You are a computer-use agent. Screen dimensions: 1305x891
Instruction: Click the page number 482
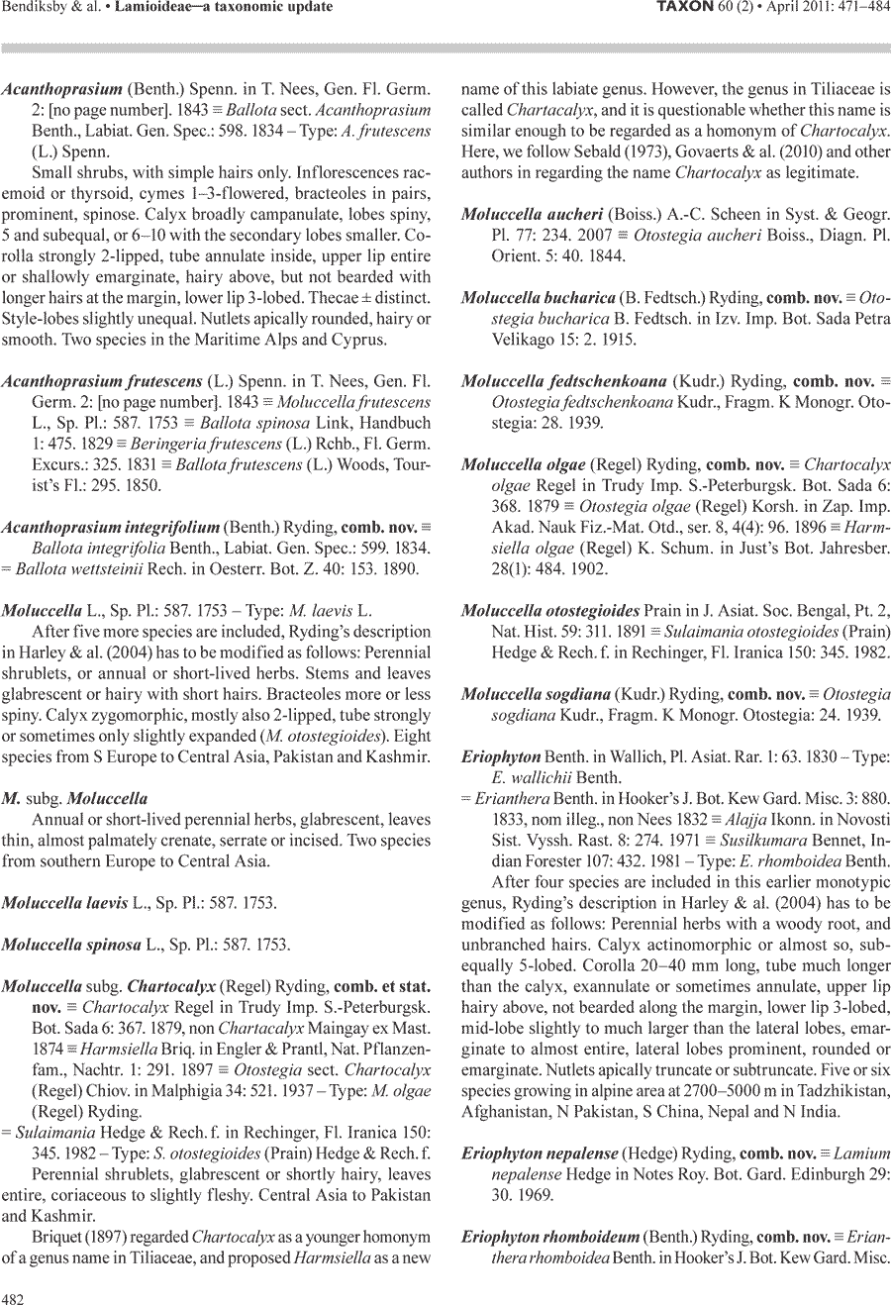[x=14, y=1298]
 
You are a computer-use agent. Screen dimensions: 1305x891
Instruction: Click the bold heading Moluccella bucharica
[x=539, y=297]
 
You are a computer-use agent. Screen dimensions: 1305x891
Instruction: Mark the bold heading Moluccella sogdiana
[x=536, y=694]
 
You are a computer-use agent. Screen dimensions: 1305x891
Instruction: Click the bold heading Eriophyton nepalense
[x=541, y=1153]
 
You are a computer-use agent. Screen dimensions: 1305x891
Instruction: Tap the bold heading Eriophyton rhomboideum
[x=550, y=1236]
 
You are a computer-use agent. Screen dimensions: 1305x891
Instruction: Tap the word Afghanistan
[x=503, y=1111]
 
